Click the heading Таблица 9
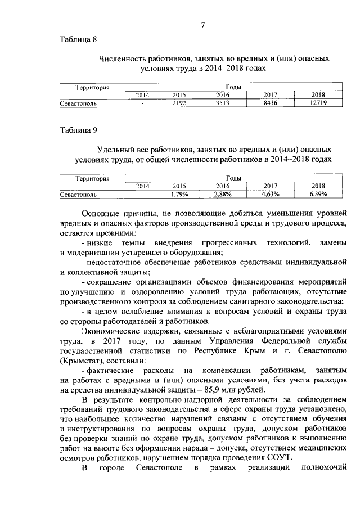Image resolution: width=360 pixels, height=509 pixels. coord(79,130)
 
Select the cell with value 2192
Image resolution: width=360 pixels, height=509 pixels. coord(179,103)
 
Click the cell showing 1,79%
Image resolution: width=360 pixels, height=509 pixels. coord(179,195)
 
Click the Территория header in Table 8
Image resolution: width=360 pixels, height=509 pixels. coord(92,88)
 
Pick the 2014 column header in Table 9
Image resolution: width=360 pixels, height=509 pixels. coord(143,186)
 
